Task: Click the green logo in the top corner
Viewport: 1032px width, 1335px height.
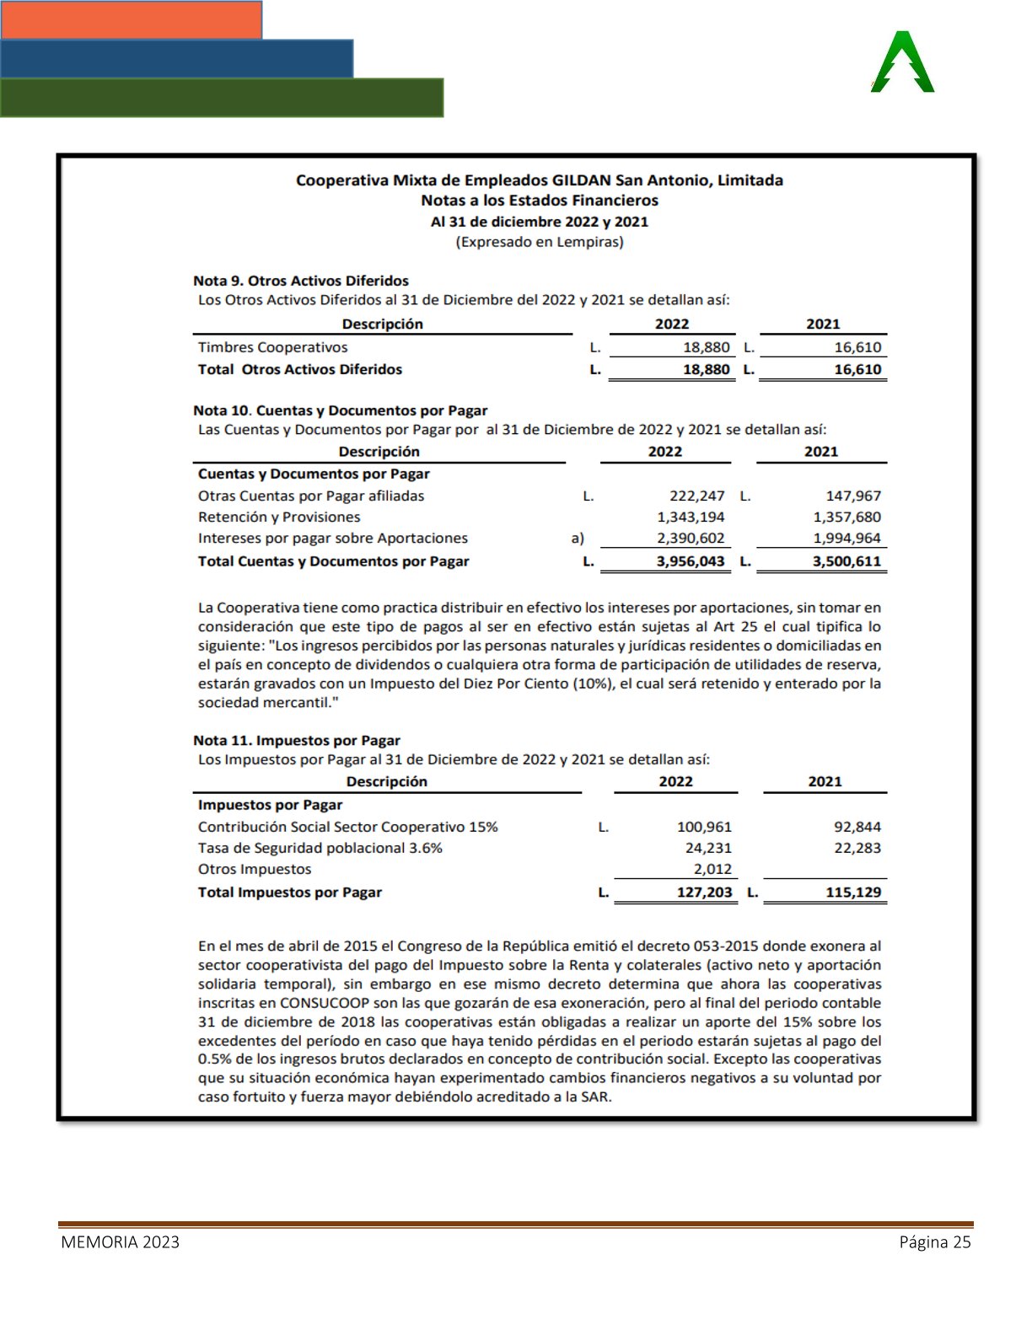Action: point(902,62)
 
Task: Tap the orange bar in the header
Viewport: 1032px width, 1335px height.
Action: point(132,19)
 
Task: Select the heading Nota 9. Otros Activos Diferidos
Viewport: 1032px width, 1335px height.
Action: point(301,281)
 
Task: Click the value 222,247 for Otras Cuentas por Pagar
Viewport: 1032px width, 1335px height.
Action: point(696,496)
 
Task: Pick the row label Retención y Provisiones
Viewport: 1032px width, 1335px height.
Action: point(279,517)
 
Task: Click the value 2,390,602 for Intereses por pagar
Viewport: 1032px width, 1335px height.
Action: point(691,538)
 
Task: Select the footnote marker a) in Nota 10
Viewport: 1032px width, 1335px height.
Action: point(578,538)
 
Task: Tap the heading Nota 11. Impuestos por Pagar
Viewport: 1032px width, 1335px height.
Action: point(297,740)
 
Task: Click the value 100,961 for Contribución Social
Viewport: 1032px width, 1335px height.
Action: point(704,827)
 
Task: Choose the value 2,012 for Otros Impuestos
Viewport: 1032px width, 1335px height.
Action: point(712,869)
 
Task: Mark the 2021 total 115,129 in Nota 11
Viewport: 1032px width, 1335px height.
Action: point(852,892)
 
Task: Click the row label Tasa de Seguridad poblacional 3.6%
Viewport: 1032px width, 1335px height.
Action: point(320,848)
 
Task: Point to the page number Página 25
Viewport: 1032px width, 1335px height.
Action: point(935,1241)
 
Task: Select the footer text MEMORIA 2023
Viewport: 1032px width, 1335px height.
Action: point(120,1241)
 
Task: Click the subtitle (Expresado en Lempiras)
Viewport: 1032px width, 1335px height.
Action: point(540,242)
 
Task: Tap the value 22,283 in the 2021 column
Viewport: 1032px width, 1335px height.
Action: point(857,848)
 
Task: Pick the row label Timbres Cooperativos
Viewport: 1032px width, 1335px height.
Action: point(272,347)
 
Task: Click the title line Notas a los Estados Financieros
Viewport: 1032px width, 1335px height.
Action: point(540,201)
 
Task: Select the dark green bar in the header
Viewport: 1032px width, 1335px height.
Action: point(222,98)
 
